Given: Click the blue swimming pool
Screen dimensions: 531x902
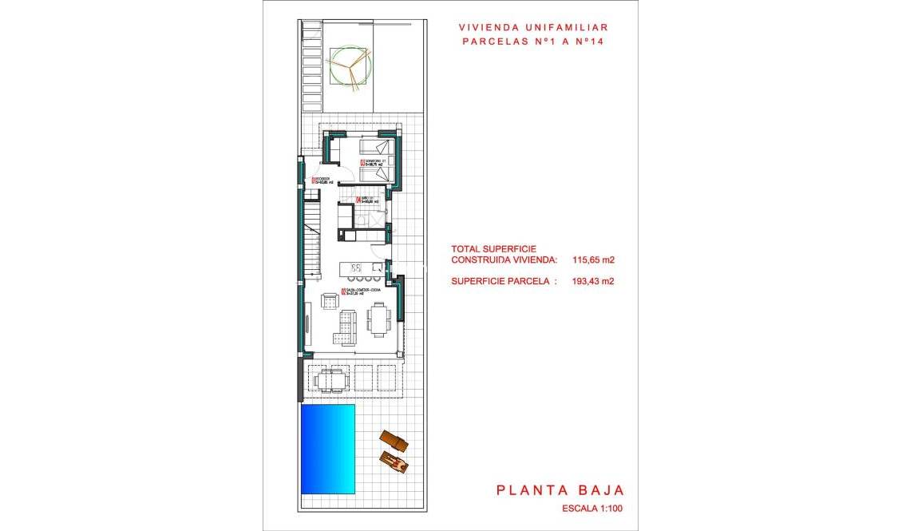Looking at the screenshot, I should pyautogui.click(x=327, y=448).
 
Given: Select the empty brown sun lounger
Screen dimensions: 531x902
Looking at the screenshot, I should pyautogui.click(x=393, y=440).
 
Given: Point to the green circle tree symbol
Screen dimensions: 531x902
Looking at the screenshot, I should pyautogui.click(x=350, y=66).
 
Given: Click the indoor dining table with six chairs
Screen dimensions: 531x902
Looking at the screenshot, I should pyautogui.click(x=379, y=319).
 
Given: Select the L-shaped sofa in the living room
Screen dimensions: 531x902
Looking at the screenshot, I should pyautogui.click(x=345, y=328).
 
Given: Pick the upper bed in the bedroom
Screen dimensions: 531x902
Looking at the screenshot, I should pyautogui.click(x=376, y=148).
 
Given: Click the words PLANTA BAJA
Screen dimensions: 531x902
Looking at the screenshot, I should pyautogui.click(x=560, y=490).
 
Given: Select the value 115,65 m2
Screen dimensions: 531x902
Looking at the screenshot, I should pyautogui.click(x=593, y=260).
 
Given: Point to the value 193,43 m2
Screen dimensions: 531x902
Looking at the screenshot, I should pyautogui.click(x=593, y=280).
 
